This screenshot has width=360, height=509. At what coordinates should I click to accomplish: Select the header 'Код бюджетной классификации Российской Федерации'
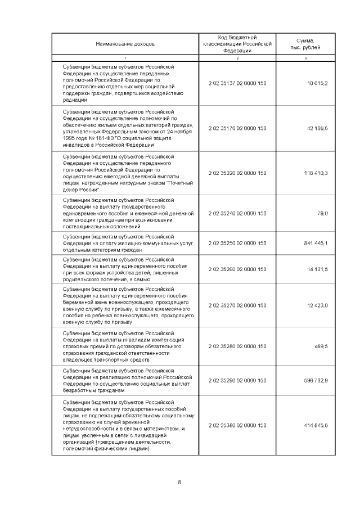tap(237, 43)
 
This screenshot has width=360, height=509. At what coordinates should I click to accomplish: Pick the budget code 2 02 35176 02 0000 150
tap(237, 128)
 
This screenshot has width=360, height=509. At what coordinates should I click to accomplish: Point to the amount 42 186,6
tap(317, 128)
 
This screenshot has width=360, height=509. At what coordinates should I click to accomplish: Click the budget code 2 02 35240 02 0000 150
tap(237, 213)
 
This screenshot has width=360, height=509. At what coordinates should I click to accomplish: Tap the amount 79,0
tap(322, 213)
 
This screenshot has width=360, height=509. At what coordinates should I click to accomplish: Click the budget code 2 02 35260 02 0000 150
tap(237, 269)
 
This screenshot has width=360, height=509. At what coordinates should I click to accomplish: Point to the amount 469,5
tap(321, 346)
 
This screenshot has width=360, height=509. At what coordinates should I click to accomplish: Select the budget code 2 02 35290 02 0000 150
tap(237, 380)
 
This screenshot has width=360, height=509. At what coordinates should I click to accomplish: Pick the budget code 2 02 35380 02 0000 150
tap(237, 425)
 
